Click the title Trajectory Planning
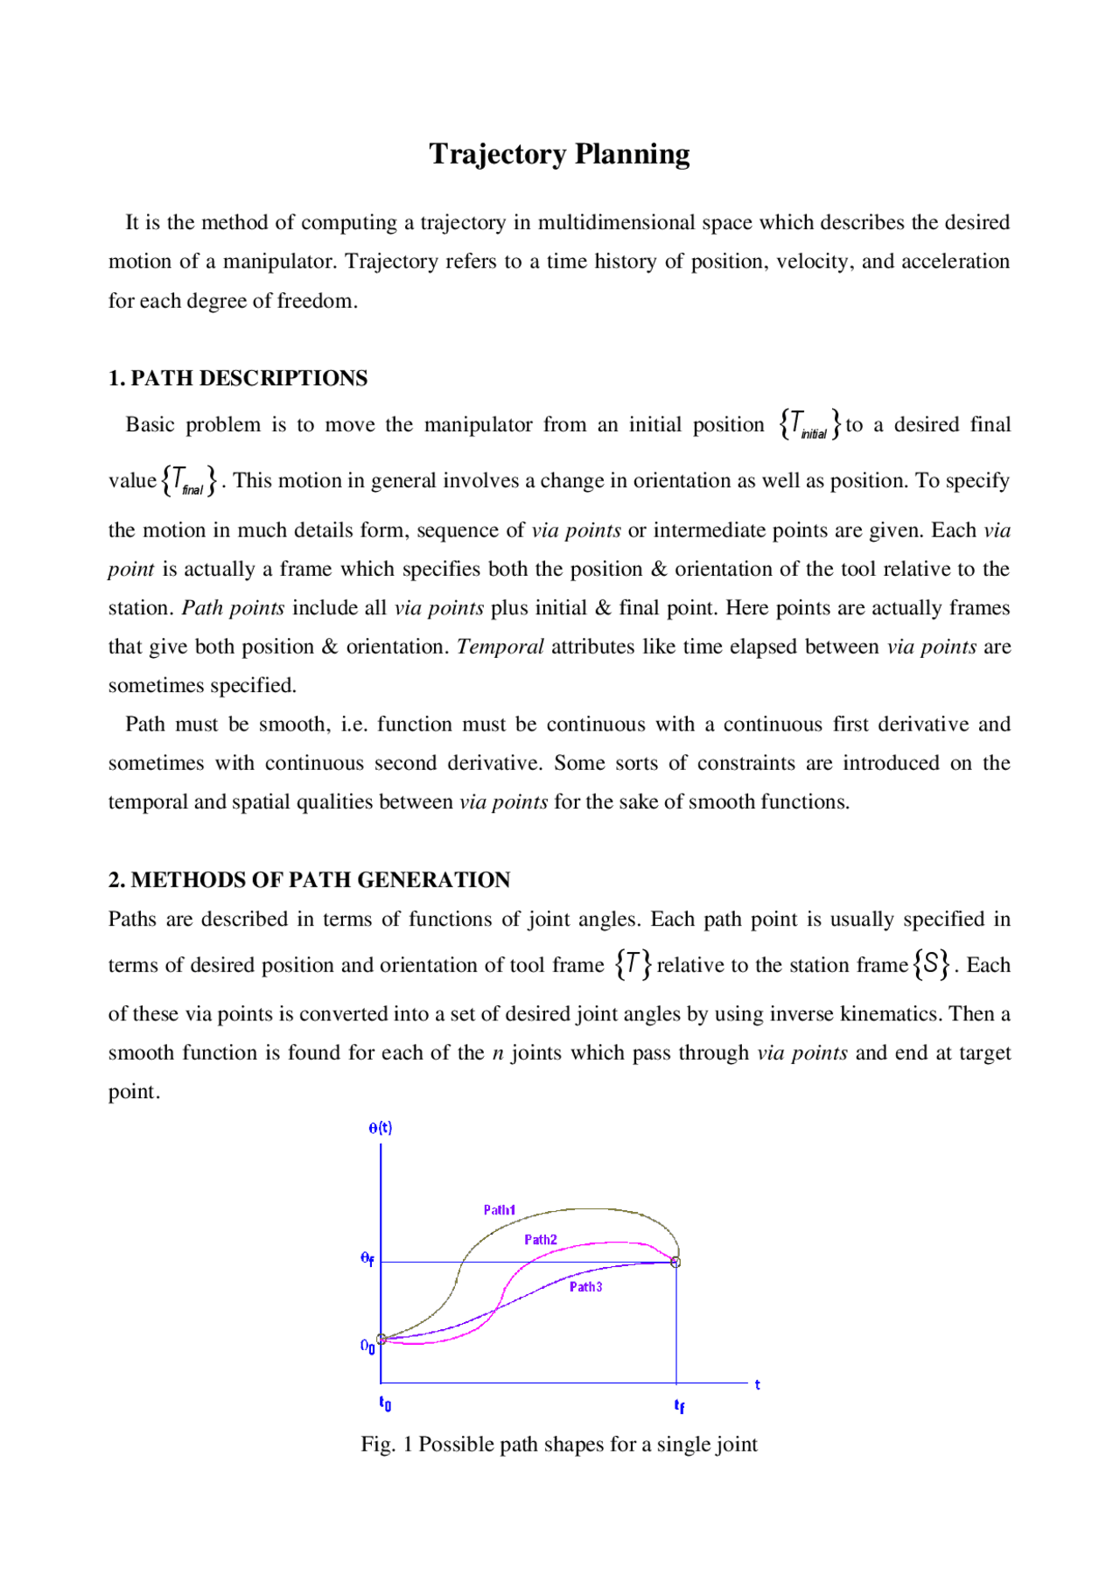[x=559, y=154]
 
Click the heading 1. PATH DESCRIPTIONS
[x=238, y=378]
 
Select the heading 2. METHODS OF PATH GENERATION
[x=309, y=879]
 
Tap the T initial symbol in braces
[x=810, y=424]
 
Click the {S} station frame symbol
[x=931, y=964]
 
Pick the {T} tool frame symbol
[x=633, y=964]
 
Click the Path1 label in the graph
[x=500, y=1210]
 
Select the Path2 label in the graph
[x=541, y=1240]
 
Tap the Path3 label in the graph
[x=585, y=1287]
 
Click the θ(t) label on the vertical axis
[x=381, y=1128]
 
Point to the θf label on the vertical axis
[x=367, y=1259]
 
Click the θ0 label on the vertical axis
[x=367, y=1347]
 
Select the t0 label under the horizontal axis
[x=385, y=1403]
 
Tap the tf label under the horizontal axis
[x=679, y=1406]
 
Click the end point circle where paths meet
[x=675, y=1262]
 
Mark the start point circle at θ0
[x=381, y=1339]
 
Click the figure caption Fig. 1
[x=559, y=1445]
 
